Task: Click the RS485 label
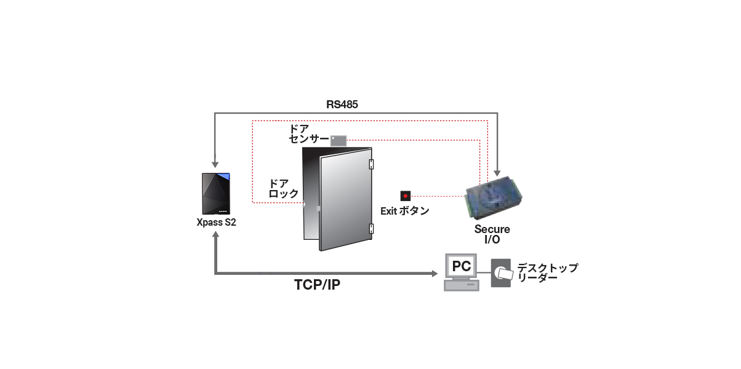coord(342,105)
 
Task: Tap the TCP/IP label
coord(317,285)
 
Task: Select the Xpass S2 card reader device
coord(216,194)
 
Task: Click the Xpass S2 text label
coord(217,222)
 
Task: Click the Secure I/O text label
coord(492,234)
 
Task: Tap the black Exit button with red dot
coord(406,196)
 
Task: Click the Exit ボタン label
coord(405,211)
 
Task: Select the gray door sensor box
coord(338,140)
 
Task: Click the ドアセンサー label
coord(308,134)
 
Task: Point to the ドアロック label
coord(284,188)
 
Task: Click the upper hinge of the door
coord(372,164)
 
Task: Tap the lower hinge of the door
coord(372,229)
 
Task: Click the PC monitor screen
coord(461,266)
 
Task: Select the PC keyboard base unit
coord(462,285)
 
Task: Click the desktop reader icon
coord(501,273)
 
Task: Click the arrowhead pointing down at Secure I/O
coord(497,173)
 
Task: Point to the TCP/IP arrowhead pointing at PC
coord(435,274)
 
